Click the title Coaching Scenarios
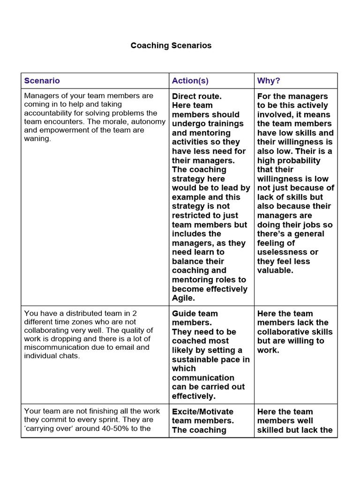171,45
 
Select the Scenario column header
42,81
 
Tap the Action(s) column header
190,81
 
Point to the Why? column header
269,81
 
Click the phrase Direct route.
196,96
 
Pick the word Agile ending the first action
183,298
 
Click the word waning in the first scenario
37,139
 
